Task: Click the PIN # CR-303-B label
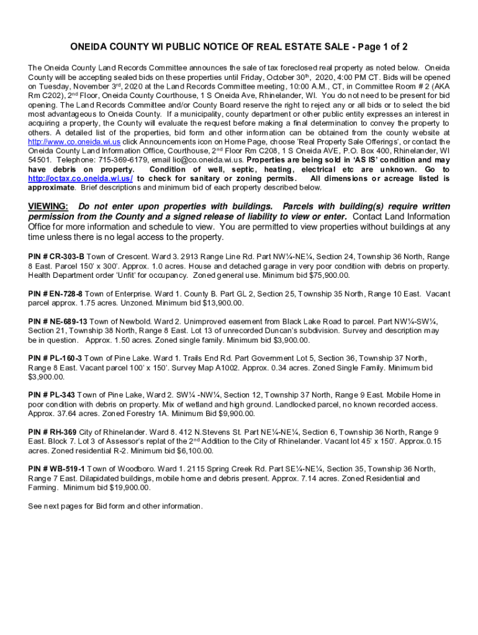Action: tap(56, 255)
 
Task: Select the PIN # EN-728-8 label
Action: tap(55, 293)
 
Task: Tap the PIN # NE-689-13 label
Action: tap(58, 322)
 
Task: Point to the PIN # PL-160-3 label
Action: tap(55, 358)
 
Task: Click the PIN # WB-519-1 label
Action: tap(56, 469)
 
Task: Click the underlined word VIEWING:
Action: tap(48, 206)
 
